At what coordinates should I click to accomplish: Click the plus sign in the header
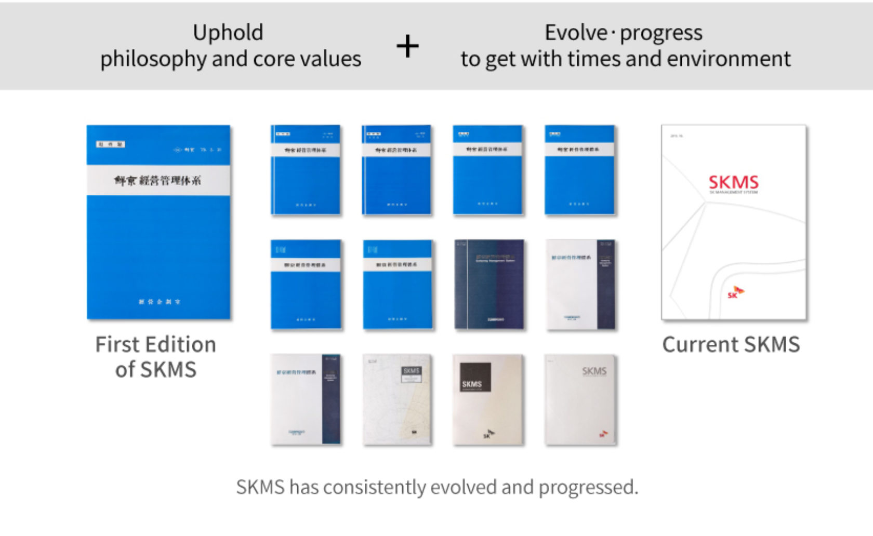pos(407,46)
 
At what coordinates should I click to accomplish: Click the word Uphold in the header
pos(228,33)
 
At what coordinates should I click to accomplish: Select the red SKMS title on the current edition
pos(733,182)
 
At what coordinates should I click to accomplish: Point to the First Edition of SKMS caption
pos(156,357)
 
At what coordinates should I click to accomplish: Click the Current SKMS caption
pos(731,344)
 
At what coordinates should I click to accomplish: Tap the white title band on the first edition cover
pos(158,180)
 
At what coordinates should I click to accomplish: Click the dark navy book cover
pos(489,284)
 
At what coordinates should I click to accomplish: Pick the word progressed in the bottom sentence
pos(587,487)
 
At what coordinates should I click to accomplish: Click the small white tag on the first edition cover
pos(110,144)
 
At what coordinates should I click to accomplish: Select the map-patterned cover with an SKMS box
pos(398,400)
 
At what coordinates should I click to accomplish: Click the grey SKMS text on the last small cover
pos(594,371)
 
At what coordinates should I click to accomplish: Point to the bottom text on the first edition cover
pos(159,301)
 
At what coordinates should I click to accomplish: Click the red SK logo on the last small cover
pos(603,433)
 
